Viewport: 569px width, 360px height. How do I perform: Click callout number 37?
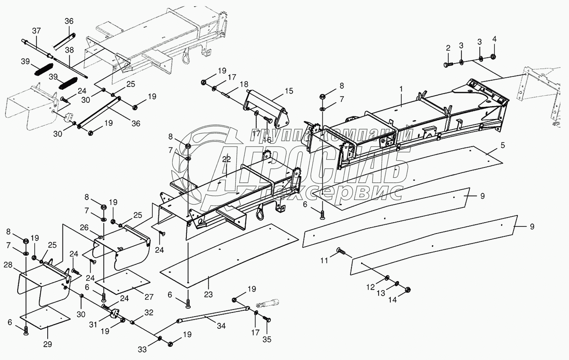[36, 30]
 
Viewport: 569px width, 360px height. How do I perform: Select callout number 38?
[69, 50]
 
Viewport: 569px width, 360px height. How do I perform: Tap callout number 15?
[288, 91]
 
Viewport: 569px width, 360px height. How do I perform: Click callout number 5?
[503, 145]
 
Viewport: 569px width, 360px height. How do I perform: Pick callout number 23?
[208, 294]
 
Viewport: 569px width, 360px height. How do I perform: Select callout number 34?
[221, 325]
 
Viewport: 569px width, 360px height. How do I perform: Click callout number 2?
[448, 48]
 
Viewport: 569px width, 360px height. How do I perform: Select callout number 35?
[267, 339]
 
